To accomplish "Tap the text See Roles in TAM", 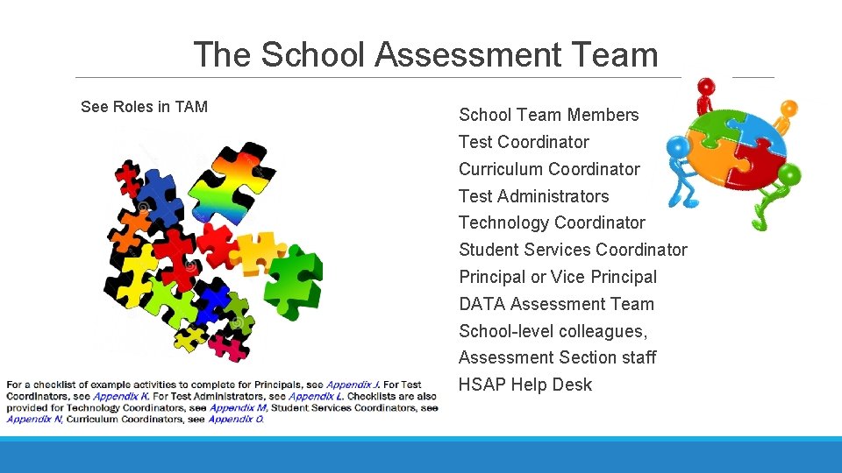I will point(144,107).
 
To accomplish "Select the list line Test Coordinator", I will point(524,142).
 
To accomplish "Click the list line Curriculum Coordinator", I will point(549,169).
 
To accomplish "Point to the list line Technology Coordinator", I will point(552,222).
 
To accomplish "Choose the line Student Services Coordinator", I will point(573,250).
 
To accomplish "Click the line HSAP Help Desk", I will point(525,385).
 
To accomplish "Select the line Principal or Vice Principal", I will point(558,277).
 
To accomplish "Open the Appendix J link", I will point(355,385).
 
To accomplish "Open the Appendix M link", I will point(238,407).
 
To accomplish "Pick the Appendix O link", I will point(235,419).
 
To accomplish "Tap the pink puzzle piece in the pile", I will point(225,347).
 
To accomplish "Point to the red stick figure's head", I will point(704,87).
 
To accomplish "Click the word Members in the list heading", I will point(603,115).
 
